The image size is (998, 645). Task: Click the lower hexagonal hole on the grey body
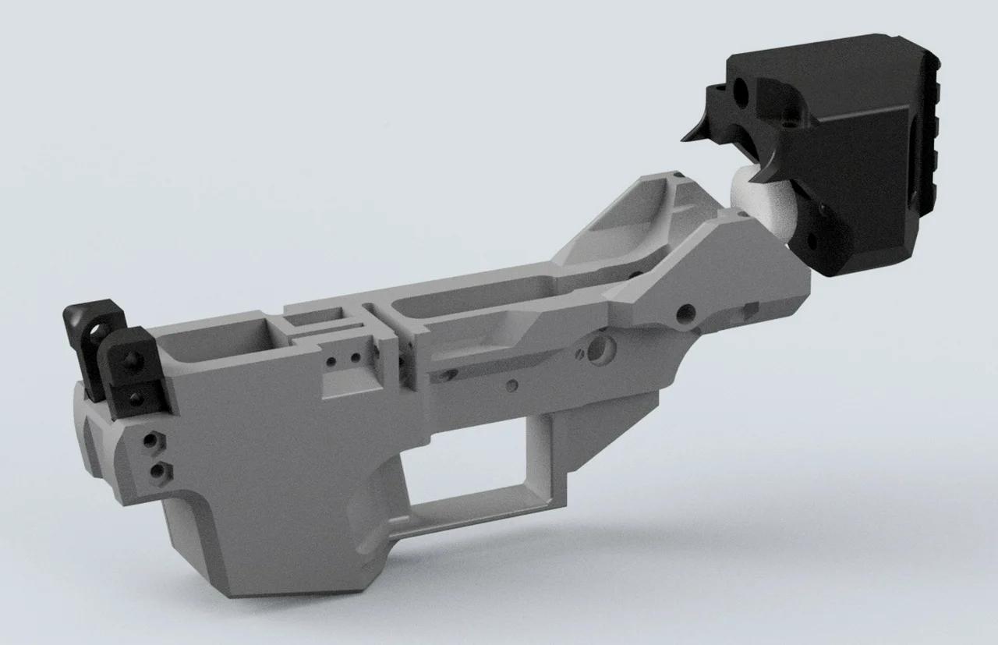tap(161, 470)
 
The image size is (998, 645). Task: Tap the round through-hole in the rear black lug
tap(97, 335)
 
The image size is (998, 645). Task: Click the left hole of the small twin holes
tap(333, 361)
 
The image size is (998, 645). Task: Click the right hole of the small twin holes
tap(355, 357)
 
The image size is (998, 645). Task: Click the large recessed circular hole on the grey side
tap(598, 349)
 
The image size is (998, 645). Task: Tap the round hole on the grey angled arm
tap(685, 314)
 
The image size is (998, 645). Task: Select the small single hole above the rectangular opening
tap(511, 385)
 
